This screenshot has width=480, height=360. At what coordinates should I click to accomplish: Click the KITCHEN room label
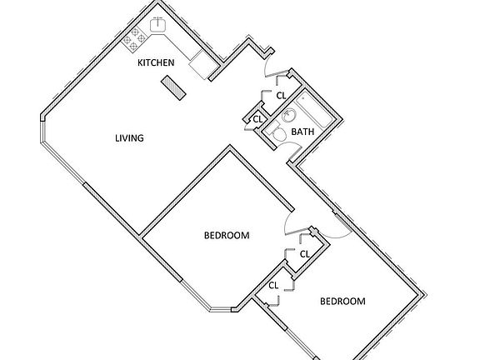(x=156, y=62)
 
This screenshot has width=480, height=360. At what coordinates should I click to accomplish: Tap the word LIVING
(x=129, y=138)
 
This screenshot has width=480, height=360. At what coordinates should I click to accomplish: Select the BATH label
(x=302, y=132)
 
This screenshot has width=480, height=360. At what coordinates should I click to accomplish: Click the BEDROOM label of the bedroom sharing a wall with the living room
(x=227, y=235)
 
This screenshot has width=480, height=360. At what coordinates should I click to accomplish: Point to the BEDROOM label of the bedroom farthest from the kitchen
(x=342, y=301)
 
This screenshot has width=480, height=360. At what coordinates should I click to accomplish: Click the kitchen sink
(x=158, y=24)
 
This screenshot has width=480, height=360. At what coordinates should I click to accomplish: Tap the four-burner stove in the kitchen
(x=134, y=39)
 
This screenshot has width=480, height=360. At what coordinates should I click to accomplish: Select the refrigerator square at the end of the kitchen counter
(x=201, y=65)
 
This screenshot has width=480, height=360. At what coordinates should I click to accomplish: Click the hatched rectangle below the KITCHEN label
(x=173, y=87)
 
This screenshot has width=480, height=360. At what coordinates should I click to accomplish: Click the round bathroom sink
(x=288, y=116)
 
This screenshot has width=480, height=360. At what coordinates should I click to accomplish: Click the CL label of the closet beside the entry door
(x=281, y=96)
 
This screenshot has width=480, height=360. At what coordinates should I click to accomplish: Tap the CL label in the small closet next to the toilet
(x=258, y=119)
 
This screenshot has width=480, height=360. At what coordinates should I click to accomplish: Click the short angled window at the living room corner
(x=42, y=132)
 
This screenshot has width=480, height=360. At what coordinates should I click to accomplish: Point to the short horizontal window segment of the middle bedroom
(x=220, y=310)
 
